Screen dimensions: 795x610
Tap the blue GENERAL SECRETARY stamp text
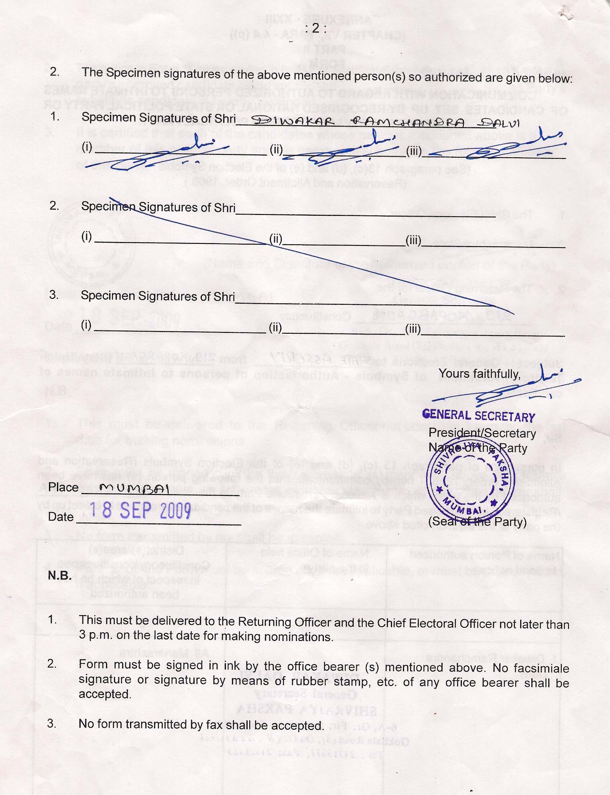tap(478, 416)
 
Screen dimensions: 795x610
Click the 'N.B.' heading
tap(60, 576)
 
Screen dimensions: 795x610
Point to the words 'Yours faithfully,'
tap(479, 374)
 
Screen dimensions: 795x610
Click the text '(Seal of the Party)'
tap(477, 521)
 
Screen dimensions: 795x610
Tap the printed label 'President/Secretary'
tap(482, 433)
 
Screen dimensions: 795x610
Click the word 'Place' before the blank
tap(63, 487)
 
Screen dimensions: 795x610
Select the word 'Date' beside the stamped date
tap(61, 517)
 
